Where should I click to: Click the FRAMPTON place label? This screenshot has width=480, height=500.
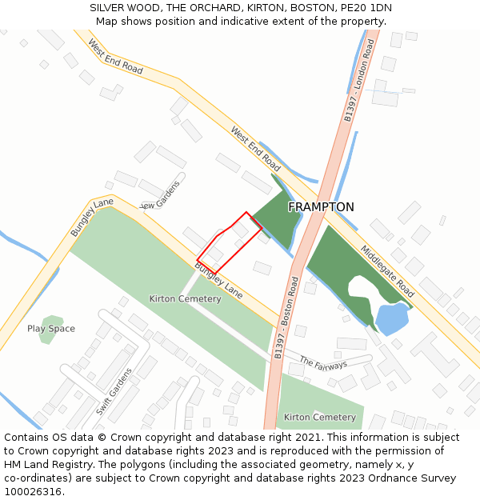321,207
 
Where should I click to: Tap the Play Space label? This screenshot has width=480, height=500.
51,329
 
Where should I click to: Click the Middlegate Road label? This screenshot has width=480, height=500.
387,271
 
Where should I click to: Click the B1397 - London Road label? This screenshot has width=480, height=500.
359,80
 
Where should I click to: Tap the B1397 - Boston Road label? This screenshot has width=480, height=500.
287,317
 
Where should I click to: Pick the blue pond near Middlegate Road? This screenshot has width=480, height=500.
391,318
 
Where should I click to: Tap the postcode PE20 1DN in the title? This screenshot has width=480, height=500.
370,8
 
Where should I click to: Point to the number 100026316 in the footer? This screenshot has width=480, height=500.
33,491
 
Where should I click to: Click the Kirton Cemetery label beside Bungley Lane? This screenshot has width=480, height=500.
185,299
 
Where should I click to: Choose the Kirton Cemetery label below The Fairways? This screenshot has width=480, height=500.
319,418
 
